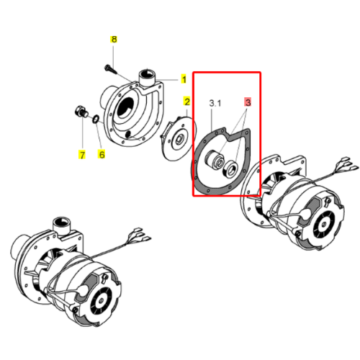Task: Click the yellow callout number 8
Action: (114, 40)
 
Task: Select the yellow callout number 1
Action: (184, 79)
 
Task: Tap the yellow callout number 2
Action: (186, 102)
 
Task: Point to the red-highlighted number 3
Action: (248, 102)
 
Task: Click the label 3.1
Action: (215, 103)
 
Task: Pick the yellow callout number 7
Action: (82, 155)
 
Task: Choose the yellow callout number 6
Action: (102, 154)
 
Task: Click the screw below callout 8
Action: (110, 68)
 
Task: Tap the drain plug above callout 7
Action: (81, 112)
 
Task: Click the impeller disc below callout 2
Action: (178, 139)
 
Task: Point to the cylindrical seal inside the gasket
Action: (214, 160)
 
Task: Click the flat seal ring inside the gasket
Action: (230, 170)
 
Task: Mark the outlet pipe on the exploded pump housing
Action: (147, 77)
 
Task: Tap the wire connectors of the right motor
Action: (347, 165)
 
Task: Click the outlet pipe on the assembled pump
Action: (62, 226)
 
